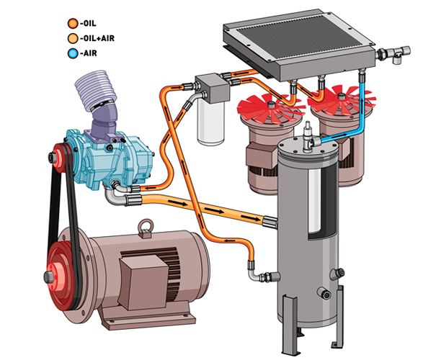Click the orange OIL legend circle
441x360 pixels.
(x=73, y=23)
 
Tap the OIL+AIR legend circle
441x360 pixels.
(x=73, y=38)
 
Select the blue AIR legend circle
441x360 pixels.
(x=73, y=53)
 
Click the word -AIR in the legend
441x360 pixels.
(x=89, y=53)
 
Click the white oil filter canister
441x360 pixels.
(x=210, y=123)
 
